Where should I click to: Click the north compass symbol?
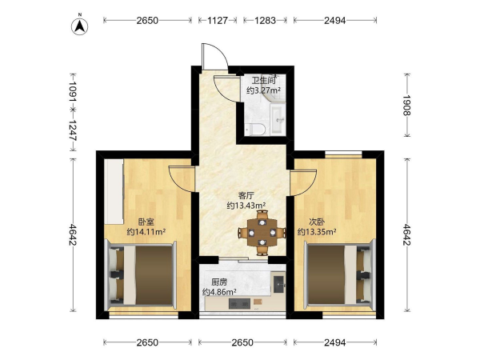point(80,26)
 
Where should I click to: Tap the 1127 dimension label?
point(218,21)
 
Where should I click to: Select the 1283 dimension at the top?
point(265,21)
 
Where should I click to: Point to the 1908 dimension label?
point(406,105)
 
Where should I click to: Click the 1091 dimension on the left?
point(73,91)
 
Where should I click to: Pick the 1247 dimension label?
point(73,130)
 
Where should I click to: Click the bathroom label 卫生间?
point(263,81)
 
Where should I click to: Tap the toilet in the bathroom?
point(256,129)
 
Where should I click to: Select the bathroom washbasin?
point(278,118)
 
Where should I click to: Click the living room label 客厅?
point(246,196)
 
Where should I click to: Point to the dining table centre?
point(262,233)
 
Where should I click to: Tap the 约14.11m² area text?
point(146,232)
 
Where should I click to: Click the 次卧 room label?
point(317,222)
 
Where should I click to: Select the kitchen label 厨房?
point(219,282)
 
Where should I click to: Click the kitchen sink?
point(278,284)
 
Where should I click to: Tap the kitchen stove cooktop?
point(239,304)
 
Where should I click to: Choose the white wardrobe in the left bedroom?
point(114,192)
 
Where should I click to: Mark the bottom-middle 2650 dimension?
point(242,342)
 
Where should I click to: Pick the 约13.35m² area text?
point(317,232)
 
